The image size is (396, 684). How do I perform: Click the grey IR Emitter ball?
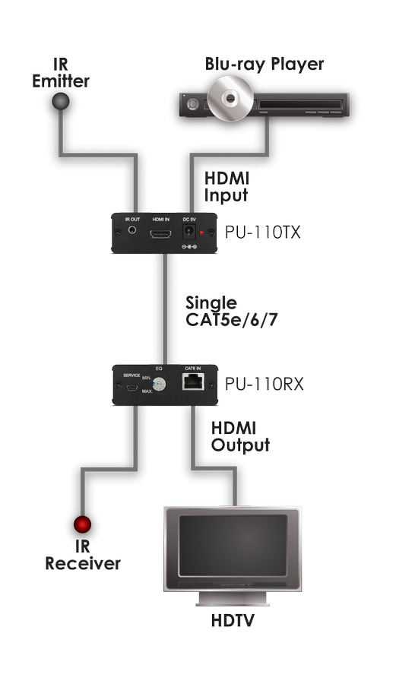pyautogui.click(x=61, y=102)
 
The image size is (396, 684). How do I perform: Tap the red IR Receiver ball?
pyautogui.click(x=82, y=524)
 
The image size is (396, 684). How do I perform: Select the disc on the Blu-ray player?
pyautogui.click(x=230, y=98)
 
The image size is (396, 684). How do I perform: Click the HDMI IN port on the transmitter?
pyautogui.click(x=161, y=234)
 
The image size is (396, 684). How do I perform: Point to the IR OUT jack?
pyautogui.click(x=131, y=230)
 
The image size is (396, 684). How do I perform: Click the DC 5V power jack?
pyautogui.click(x=188, y=232)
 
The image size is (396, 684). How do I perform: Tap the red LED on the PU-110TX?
pyautogui.click(x=201, y=233)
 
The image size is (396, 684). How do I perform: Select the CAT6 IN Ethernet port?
pyautogui.click(x=193, y=382)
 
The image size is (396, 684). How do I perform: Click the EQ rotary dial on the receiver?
pyautogui.click(x=159, y=385)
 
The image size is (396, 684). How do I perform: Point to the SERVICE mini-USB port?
pyautogui.click(x=131, y=388)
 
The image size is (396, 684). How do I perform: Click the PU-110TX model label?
pyautogui.click(x=262, y=232)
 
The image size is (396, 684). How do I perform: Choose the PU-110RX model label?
pyautogui.click(x=264, y=384)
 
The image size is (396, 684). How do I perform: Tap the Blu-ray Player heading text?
pyautogui.click(x=265, y=64)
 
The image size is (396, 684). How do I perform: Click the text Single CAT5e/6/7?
pyautogui.click(x=232, y=311)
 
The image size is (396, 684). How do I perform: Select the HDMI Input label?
pyautogui.click(x=227, y=187)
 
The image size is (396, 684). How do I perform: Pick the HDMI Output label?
pyautogui.click(x=240, y=437)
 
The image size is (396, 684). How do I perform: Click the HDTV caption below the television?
pyautogui.click(x=233, y=621)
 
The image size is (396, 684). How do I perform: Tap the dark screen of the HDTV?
pyautogui.click(x=233, y=546)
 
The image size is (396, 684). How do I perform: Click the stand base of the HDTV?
pyautogui.click(x=233, y=602)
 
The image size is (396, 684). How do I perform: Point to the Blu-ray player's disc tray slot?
pyautogui.click(x=299, y=105)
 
